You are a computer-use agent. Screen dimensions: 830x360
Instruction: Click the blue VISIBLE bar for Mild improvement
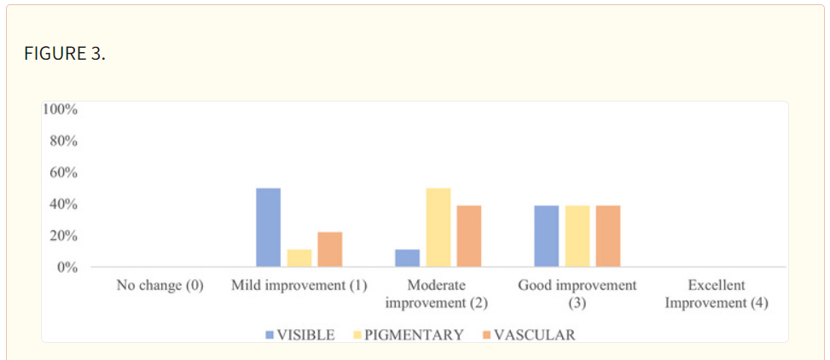(269, 227)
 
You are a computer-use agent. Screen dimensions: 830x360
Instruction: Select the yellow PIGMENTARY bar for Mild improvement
(299, 258)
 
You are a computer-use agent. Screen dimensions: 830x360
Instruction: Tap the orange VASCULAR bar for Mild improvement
(330, 249)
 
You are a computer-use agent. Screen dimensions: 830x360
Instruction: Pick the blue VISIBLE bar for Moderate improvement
(407, 258)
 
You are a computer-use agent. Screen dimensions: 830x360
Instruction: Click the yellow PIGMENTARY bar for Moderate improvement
(438, 227)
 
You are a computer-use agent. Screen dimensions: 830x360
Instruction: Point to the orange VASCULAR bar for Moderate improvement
(468, 236)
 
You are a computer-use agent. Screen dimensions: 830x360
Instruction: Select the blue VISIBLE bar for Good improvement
(546, 236)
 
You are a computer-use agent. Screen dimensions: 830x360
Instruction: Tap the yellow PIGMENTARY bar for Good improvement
(577, 236)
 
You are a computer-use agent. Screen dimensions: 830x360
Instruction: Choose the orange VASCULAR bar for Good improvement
(607, 236)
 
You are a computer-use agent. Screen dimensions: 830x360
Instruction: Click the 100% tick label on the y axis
(61, 109)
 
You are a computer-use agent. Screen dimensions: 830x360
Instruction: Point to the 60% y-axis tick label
(64, 173)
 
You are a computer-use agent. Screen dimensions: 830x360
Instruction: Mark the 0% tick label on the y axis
(67, 267)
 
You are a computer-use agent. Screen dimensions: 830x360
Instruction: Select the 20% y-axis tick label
(64, 235)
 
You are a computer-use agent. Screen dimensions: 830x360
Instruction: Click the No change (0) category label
(160, 286)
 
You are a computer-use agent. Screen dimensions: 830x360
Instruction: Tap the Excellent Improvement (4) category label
(717, 294)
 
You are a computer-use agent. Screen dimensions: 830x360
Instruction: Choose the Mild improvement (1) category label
(299, 286)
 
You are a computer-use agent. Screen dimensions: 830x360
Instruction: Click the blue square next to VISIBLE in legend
(270, 335)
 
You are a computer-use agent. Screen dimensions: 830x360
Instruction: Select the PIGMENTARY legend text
(415, 335)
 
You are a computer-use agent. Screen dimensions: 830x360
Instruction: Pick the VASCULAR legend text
(535, 335)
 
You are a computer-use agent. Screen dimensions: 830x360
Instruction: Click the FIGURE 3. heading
(65, 54)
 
